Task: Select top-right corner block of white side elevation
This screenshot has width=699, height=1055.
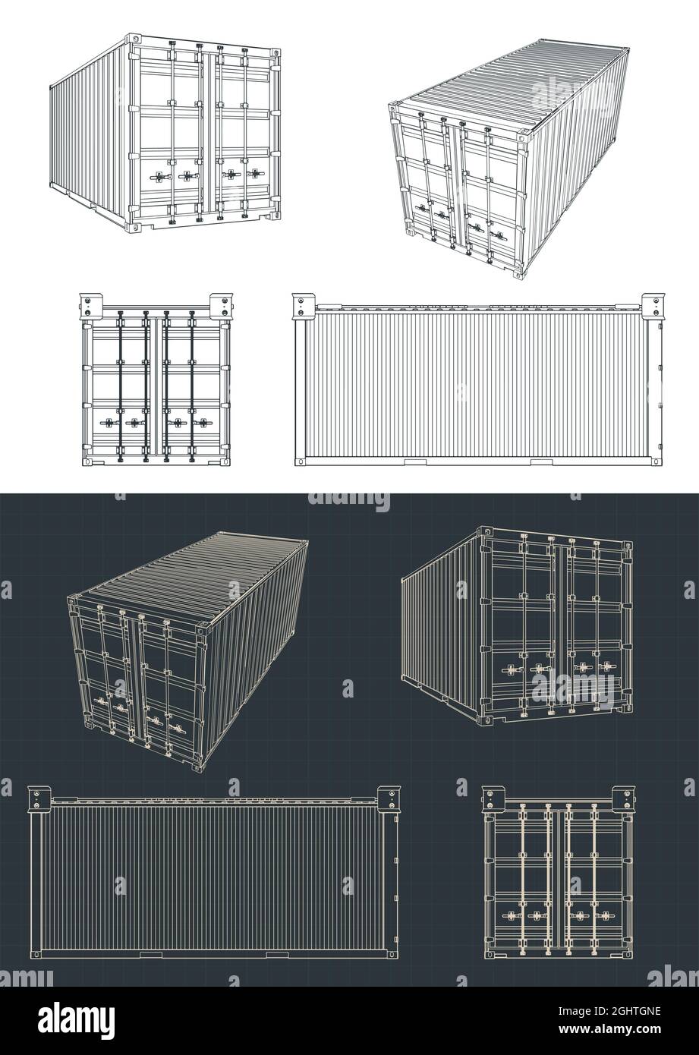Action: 653,304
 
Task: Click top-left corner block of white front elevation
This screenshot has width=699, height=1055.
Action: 88,304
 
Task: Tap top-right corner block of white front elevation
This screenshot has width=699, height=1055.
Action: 222,304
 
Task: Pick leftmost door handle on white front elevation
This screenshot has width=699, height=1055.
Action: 106,422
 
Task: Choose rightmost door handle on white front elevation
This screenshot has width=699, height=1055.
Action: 203,422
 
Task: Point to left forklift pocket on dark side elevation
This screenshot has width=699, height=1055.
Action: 150,954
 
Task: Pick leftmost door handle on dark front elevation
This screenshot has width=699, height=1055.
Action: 509,916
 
